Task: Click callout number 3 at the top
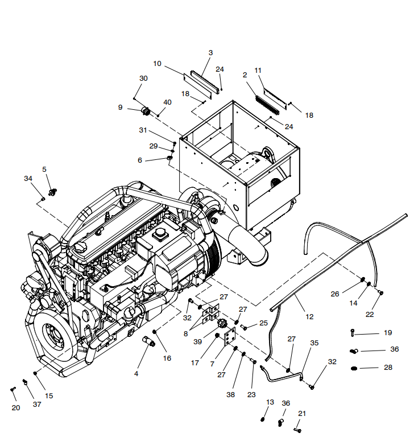210,53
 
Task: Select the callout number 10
158,63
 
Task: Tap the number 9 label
120,107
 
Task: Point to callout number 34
28,179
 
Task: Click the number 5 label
44,169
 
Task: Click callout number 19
388,332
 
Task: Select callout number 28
388,368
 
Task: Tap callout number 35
314,343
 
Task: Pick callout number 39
197,341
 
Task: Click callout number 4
136,374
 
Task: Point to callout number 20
15,407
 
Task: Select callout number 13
270,402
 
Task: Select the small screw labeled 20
13,389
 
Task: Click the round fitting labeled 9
146,110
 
